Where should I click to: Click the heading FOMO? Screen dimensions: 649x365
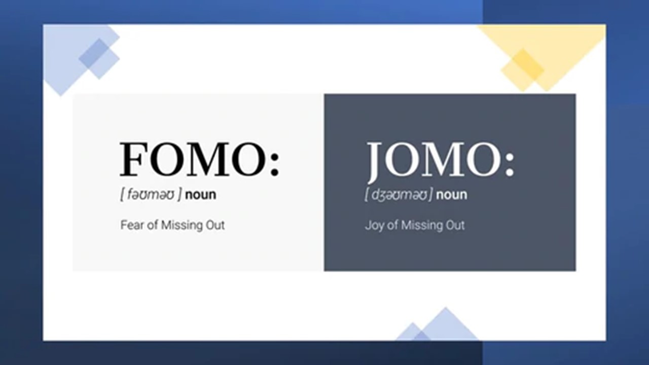point(200,159)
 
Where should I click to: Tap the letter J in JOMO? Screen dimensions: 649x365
point(376,162)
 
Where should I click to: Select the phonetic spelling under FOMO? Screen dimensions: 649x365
point(151,194)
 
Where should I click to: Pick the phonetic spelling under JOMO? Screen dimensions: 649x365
point(399,194)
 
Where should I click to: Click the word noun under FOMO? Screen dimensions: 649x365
point(200,195)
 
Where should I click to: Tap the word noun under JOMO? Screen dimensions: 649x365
point(451,195)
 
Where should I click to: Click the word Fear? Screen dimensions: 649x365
point(132,225)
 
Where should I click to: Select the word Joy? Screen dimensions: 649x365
point(374,226)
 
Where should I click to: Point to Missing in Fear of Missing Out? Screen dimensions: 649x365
point(182,226)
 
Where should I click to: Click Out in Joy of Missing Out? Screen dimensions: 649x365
point(455,225)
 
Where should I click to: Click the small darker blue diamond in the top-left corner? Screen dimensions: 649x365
point(99,58)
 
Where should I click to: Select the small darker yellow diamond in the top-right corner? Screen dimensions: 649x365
point(522,70)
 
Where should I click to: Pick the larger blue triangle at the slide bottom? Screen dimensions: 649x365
point(446,324)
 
